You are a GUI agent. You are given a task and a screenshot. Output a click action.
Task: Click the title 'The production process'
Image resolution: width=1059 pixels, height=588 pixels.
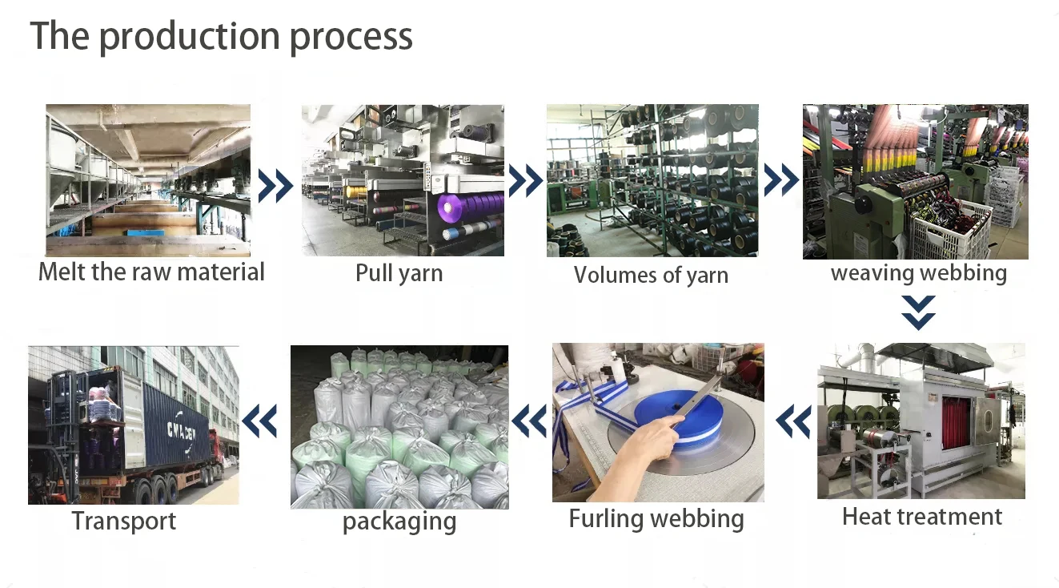(x=221, y=36)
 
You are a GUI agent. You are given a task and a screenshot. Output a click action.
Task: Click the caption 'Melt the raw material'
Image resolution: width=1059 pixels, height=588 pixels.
(x=151, y=272)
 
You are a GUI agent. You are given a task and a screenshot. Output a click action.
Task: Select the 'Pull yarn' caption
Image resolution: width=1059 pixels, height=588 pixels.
(x=399, y=273)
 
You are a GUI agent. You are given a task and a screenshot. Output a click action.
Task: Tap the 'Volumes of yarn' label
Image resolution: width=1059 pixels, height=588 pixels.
(x=651, y=276)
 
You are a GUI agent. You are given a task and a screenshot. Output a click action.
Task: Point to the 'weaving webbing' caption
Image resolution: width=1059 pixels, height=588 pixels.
(x=918, y=273)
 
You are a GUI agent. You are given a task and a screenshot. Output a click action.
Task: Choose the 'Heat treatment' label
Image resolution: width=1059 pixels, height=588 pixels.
(x=921, y=517)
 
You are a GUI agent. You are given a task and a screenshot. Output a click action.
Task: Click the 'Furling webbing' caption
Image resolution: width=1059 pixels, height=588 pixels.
(x=656, y=518)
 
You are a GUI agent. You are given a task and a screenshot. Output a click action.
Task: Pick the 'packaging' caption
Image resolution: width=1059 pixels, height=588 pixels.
(x=399, y=522)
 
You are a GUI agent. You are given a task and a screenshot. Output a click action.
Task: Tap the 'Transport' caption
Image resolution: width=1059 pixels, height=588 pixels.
(x=123, y=521)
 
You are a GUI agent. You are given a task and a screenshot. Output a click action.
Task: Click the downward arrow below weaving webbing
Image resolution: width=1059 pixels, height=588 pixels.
(x=918, y=312)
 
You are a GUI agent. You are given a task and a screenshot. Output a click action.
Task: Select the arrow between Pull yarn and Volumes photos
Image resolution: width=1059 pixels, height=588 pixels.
(x=525, y=182)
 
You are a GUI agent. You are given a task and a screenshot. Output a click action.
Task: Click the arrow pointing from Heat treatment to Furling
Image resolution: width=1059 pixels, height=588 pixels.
(x=792, y=421)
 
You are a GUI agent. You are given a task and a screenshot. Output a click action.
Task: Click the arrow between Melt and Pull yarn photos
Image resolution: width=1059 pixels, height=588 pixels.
(x=275, y=185)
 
